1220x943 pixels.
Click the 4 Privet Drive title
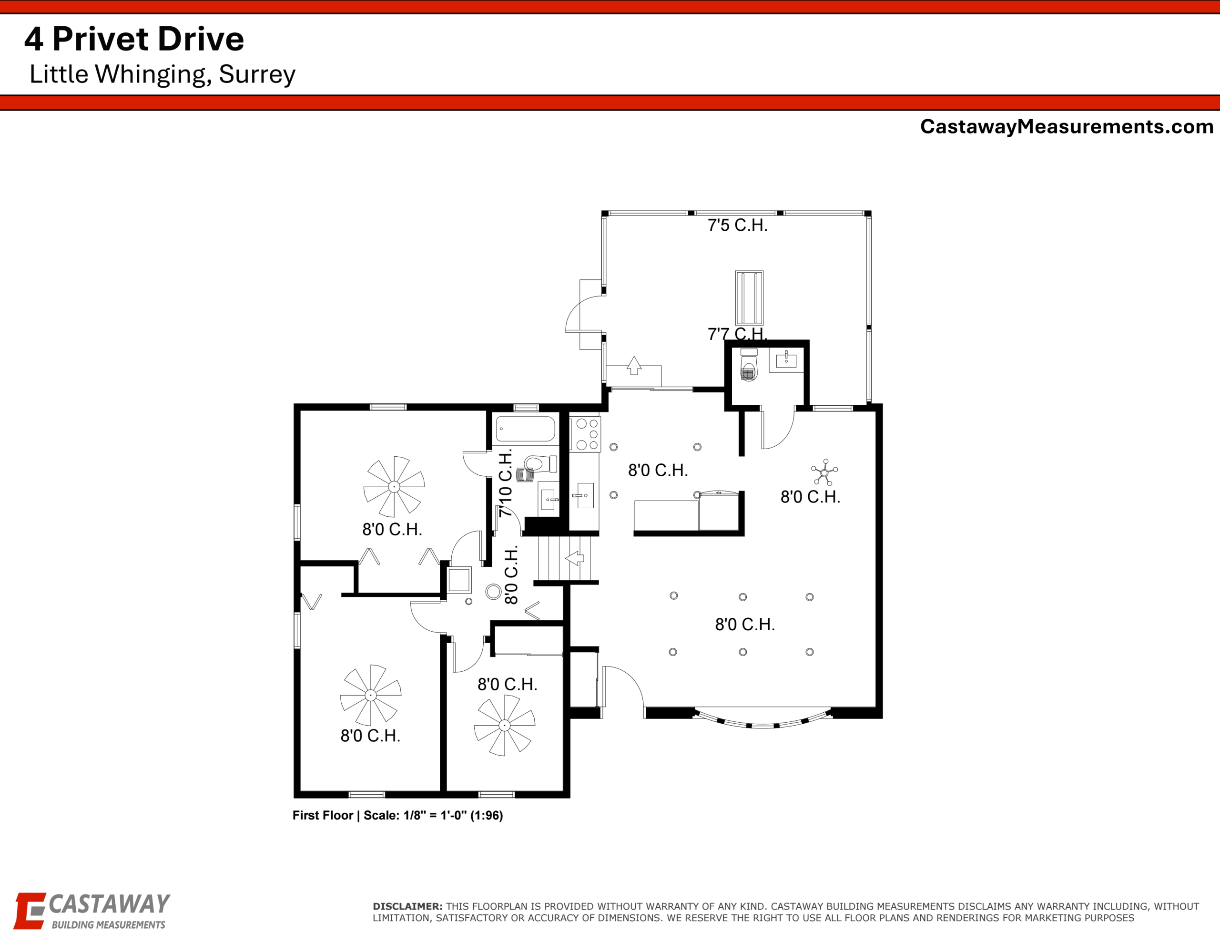click(134, 39)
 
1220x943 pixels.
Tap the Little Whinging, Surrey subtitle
click(162, 74)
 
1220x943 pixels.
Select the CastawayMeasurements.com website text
click(1067, 127)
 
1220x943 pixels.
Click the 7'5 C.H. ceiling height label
click(737, 225)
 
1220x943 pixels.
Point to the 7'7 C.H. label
click(737, 334)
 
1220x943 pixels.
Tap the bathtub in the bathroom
click(526, 429)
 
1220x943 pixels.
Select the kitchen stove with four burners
click(585, 433)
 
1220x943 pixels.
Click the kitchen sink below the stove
click(584, 495)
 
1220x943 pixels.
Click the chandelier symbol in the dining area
click(824, 473)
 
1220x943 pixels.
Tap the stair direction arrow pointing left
click(575, 558)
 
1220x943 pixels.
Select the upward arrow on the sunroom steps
click(633, 366)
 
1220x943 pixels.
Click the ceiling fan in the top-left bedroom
click(394, 486)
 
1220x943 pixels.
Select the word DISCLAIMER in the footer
click(408, 906)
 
